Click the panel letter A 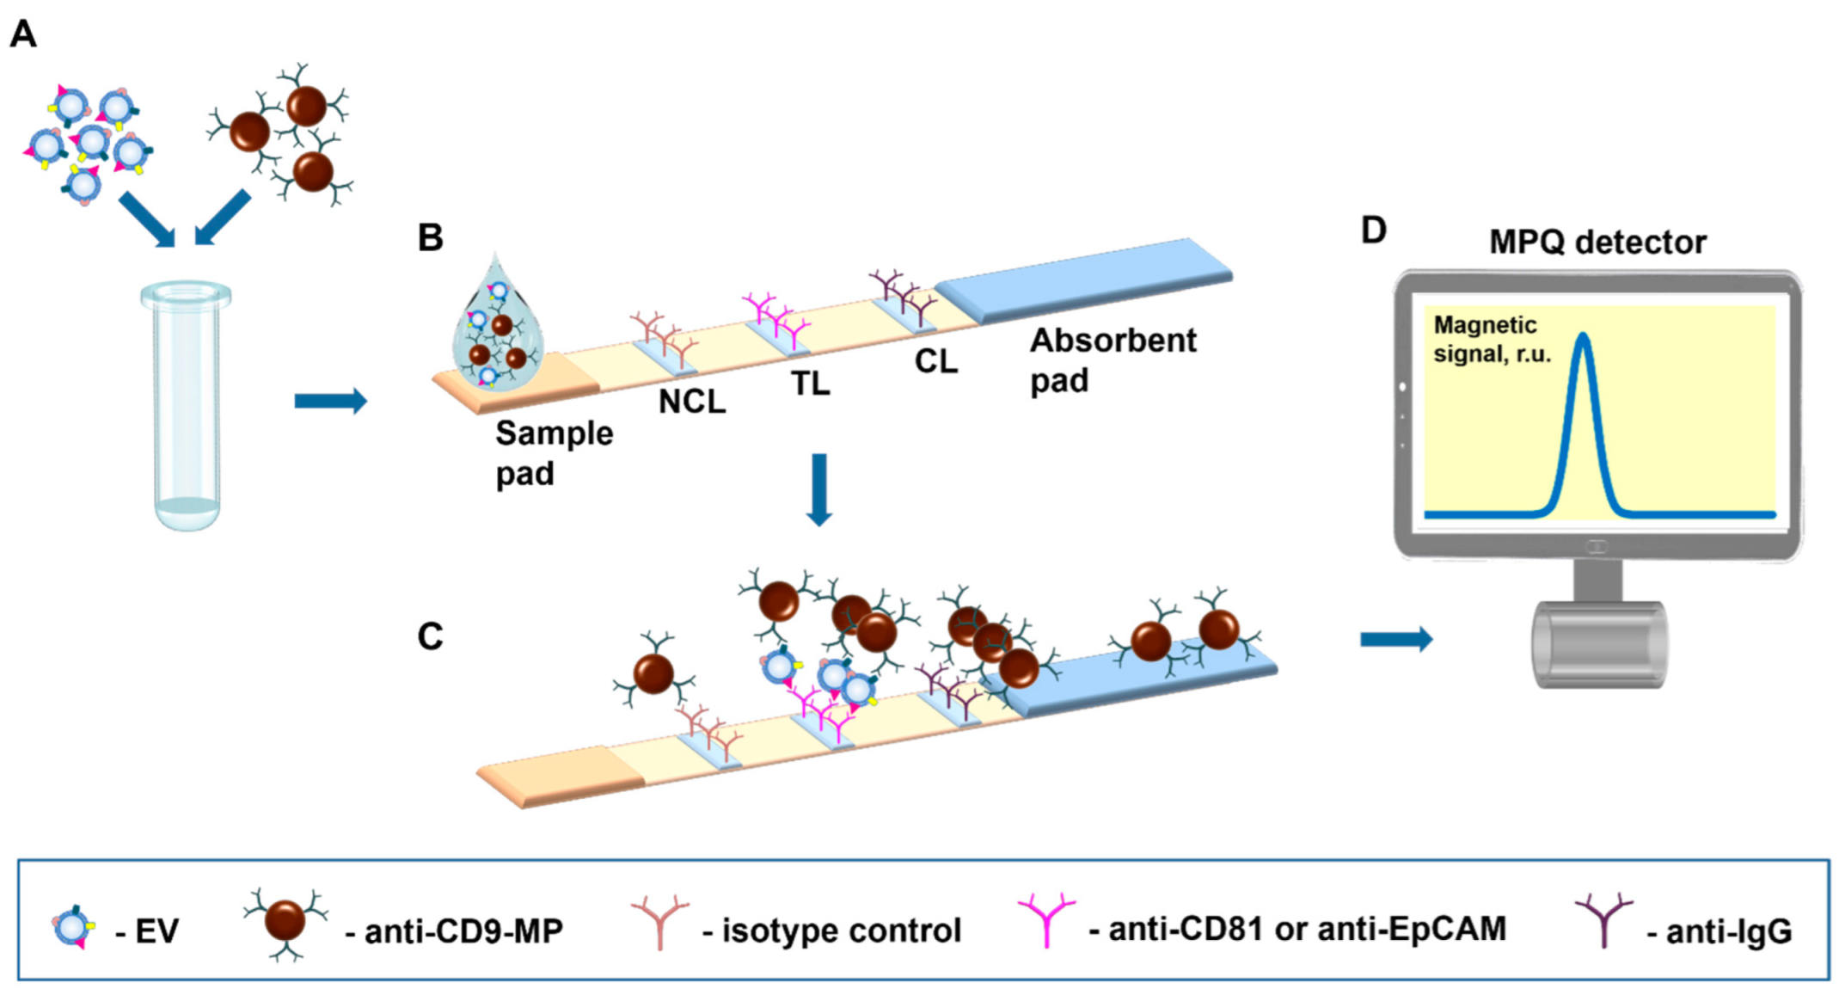[x=23, y=34]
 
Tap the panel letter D [x=1373, y=230]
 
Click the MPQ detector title [x=1597, y=243]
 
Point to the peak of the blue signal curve [x=1583, y=337]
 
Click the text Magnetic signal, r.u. [x=1492, y=340]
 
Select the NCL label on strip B [x=691, y=402]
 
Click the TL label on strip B [x=810, y=384]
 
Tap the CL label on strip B [x=935, y=361]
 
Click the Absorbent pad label [x=1112, y=360]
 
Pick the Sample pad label [x=553, y=453]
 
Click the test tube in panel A [x=187, y=404]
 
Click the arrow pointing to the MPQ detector [x=1395, y=639]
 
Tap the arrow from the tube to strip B [x=330, y=401]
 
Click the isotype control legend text [x=840, y=931]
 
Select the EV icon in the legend [x=74, y=927]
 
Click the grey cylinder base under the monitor [x=1598, y=645]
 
